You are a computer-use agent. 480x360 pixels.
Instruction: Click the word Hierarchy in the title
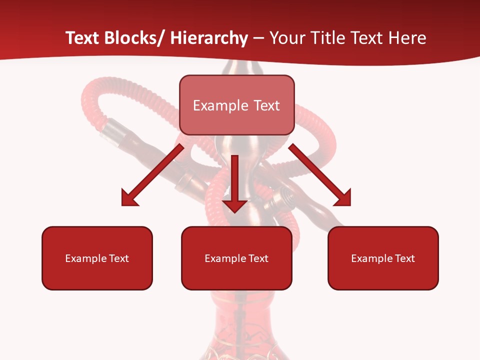click(209, 38)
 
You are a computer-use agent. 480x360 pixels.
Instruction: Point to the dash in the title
click(258, 39)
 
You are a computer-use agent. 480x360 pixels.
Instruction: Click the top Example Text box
click(236, 105)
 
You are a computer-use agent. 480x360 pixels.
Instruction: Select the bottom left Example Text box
click(97, 258)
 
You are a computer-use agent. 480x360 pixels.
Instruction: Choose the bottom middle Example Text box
click(236, 258)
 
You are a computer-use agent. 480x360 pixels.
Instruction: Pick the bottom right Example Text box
click(383, 258)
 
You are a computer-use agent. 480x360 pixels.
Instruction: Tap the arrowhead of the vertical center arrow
click(234, 205)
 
